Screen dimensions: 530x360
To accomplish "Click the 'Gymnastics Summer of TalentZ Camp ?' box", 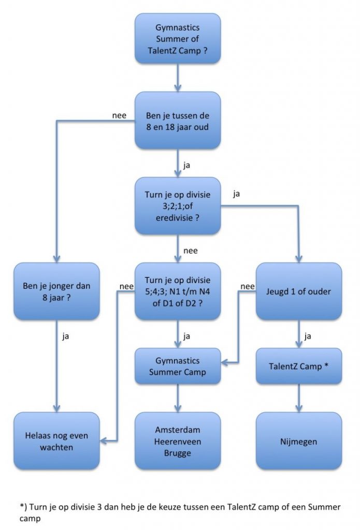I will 178,39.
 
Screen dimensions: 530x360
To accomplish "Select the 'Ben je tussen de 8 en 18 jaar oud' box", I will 178,120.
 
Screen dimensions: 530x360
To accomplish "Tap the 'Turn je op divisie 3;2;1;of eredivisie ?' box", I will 178,205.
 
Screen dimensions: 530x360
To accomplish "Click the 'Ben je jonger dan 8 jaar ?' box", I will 56,291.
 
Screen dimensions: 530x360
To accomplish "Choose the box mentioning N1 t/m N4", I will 178,291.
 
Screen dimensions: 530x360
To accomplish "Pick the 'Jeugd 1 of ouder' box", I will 299,291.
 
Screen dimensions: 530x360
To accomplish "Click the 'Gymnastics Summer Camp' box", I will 178,366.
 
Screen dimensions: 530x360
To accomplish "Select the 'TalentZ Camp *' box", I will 299,366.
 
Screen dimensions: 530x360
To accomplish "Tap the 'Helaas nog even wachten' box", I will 56,441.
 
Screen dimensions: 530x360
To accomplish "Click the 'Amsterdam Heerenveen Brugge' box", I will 178,441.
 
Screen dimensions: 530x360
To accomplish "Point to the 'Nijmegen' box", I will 299,441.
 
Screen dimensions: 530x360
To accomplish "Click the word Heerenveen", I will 178,441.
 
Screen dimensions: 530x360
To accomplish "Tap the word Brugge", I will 178,453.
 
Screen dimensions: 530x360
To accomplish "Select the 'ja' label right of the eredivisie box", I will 237,195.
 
